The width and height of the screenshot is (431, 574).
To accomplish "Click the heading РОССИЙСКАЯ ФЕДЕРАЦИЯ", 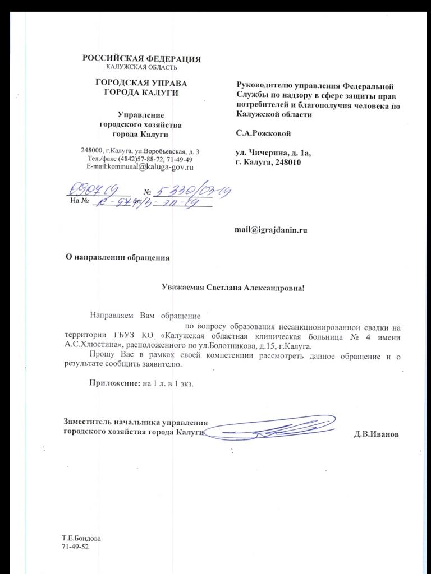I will pos(141,59).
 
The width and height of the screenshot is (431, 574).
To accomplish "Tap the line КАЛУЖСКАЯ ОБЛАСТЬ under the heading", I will pos(141,67).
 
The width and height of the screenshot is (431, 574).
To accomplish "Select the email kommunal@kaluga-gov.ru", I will pos(140,167).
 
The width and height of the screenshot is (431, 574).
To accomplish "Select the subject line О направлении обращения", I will pos(118,258).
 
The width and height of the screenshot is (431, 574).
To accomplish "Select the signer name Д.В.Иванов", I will pos(376,434).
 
